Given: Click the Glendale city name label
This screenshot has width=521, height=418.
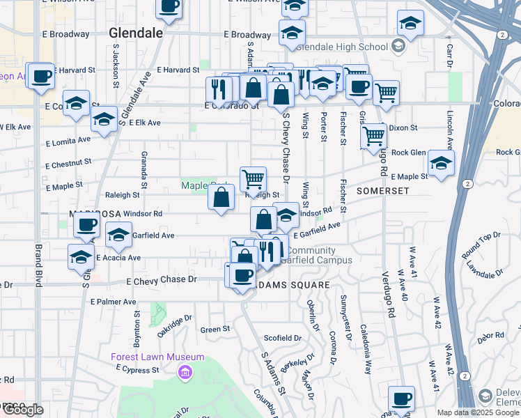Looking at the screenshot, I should point(136,33).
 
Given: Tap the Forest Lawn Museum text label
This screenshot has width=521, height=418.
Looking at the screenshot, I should point(157,357).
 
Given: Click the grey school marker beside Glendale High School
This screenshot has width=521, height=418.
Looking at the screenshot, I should point(398,47).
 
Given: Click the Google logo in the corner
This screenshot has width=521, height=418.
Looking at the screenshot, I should point(22,410).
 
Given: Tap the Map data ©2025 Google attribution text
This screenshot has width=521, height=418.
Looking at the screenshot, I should point(478,412).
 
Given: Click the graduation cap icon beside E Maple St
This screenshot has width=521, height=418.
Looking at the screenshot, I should point(440,163).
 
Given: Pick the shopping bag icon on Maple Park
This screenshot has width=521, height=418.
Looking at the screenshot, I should point(221,197).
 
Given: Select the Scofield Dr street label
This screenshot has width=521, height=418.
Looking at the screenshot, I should point(283,338).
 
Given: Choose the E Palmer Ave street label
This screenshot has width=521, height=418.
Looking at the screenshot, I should point(113,302).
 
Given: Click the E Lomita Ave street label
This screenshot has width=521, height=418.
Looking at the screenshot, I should point(68,141).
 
